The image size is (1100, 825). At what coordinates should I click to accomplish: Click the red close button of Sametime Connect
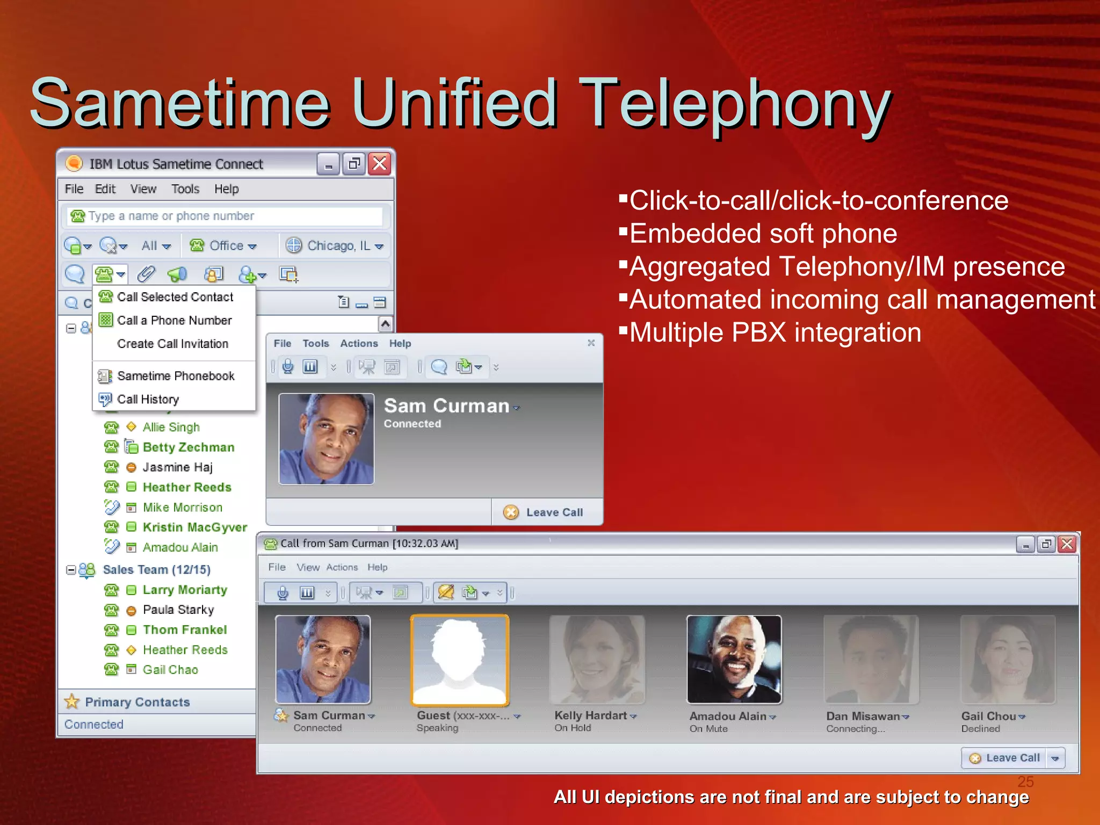[380, 163]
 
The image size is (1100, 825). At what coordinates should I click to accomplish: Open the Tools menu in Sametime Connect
[185, 189]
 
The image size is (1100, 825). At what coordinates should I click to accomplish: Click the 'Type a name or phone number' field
[226, 216]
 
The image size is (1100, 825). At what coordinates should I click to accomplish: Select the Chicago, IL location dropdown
[335, 246]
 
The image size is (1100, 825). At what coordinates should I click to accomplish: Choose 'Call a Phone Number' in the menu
[174, 321]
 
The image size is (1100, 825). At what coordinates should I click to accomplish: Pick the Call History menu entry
[148, 400]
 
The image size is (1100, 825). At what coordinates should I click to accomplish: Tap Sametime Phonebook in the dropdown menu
[176, 376]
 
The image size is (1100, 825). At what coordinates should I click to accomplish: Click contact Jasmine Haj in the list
[177, 467]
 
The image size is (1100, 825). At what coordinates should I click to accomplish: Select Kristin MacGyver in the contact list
[194, 527]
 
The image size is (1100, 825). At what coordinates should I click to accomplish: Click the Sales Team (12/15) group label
[156, 570]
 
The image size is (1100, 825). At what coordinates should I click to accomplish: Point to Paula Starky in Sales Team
[178, 610]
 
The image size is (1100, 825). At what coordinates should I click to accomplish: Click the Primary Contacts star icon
[71, 701]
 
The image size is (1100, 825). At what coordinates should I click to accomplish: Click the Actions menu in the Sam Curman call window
[359, 344]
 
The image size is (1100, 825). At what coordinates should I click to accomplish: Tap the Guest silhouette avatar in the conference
[460, 660]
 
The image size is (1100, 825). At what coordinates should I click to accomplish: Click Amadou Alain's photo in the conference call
[734, 660]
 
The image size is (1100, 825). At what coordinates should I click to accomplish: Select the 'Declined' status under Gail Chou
[980, 729]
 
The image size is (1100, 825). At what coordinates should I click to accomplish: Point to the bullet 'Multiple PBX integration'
[775, 332]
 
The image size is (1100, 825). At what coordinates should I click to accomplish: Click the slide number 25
[1025, 781]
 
